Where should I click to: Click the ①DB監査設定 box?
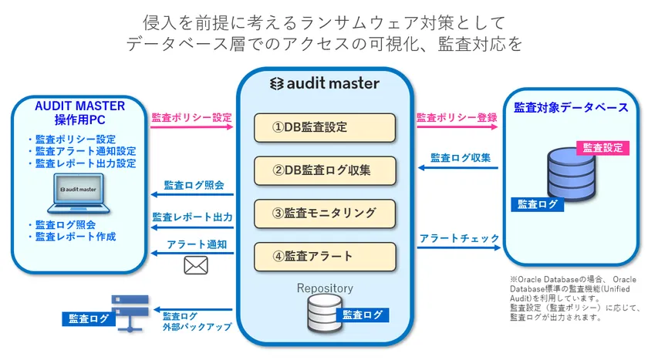click(x=325, y=128)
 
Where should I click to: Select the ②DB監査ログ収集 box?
click(x=325, y=170)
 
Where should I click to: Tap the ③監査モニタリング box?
click(x=325, y=213)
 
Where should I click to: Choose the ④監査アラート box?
click(x=325, y=256)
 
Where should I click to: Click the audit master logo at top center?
click(x=324, y=83)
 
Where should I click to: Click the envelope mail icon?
click(x=196, y=265)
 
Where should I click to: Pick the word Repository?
click(x=325, y=288)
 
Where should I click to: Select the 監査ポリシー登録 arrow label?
click(x=457, y=118)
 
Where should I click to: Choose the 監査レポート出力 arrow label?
click(x=192, y=217)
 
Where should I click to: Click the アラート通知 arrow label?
click(x=197, y=244)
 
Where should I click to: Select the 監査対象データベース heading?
click(x=571, y=108)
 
